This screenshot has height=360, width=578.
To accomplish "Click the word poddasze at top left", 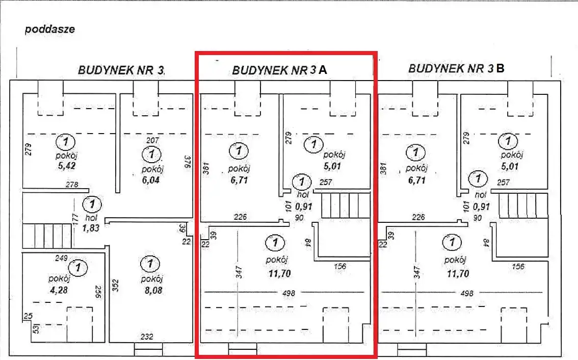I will click(x=50, y=30).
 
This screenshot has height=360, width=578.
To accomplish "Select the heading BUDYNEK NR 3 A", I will click(x=279, y=70).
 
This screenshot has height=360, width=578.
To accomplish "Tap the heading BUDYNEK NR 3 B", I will click(x=456, y=68).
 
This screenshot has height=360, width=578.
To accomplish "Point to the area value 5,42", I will click(x=67, y=166).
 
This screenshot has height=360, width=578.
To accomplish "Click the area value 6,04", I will click(x=151, y=180).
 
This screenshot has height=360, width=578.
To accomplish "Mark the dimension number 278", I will click(x=73, y=185).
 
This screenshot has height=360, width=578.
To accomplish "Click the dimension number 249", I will click(x=62, y=259).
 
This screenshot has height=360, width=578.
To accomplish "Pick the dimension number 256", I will click(x=98, y=292).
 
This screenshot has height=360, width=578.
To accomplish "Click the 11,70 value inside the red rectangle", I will click(x=279, y=273).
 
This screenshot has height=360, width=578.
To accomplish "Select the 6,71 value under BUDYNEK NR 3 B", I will click(x=416, y=180).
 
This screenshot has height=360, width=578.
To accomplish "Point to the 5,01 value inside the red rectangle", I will click(x=332, y=166).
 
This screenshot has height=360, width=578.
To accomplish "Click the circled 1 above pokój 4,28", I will click(x=77, y=266).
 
